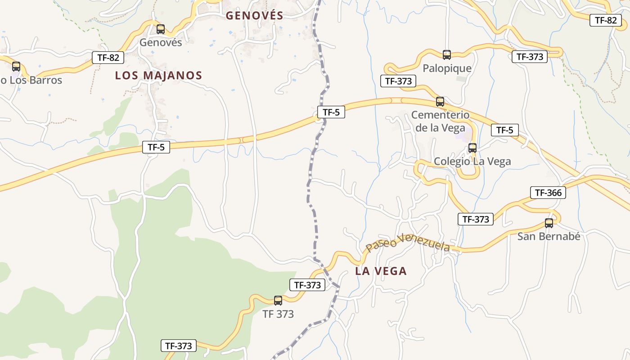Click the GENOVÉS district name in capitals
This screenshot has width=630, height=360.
coord(254,16)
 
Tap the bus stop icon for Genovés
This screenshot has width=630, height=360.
coord(161,29)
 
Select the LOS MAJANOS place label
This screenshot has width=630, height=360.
coord(158,76)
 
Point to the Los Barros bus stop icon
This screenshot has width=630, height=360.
coord(16,67)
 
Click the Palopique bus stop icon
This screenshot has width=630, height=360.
coord(447,55)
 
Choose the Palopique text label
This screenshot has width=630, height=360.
coord(447,68)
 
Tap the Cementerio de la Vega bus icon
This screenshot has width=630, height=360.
coord(440,102)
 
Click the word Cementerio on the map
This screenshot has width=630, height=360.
coord(440,115)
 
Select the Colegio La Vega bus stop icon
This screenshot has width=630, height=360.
coord(472,148)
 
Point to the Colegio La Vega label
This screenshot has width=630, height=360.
coord(472,162)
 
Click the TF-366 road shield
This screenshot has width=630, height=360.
coord(548,193)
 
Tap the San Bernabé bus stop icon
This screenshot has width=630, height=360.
coord(549,223)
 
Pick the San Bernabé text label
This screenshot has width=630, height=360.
coord(549,236)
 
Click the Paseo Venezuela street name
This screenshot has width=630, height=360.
coord(407,243)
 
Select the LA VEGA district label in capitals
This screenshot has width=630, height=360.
coord(381,271)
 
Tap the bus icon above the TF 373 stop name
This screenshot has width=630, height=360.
coord(278,300)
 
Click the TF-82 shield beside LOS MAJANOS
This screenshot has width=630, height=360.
coord(108,58)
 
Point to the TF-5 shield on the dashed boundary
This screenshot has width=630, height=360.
coord(331,112)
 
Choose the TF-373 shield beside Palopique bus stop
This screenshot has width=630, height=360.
coord(530,57)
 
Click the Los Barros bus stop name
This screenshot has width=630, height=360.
coord(31,81)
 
